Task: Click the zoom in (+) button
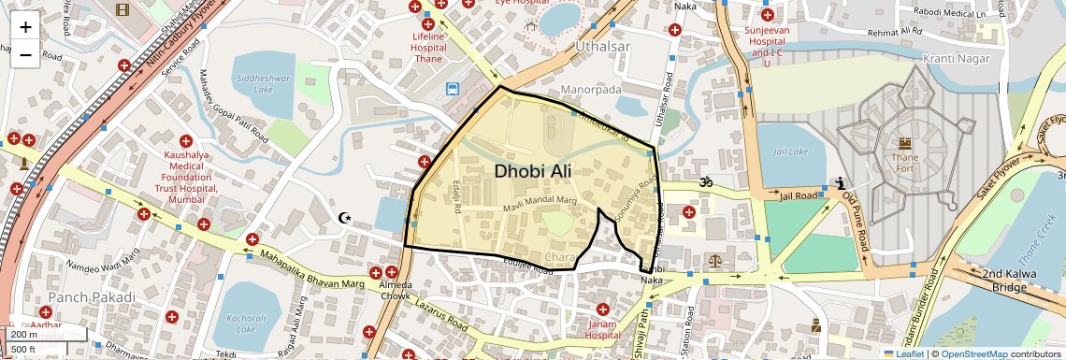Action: [x=25, y=26]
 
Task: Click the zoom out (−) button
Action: [x=25, y=54]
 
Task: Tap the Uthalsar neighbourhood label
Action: [x=604, y=46]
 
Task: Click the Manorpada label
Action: [x=591, y=90]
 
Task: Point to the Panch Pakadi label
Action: [x=92, y=296]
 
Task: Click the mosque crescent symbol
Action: [x=345, y=218]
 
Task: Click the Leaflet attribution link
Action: [x=903, y=353]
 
